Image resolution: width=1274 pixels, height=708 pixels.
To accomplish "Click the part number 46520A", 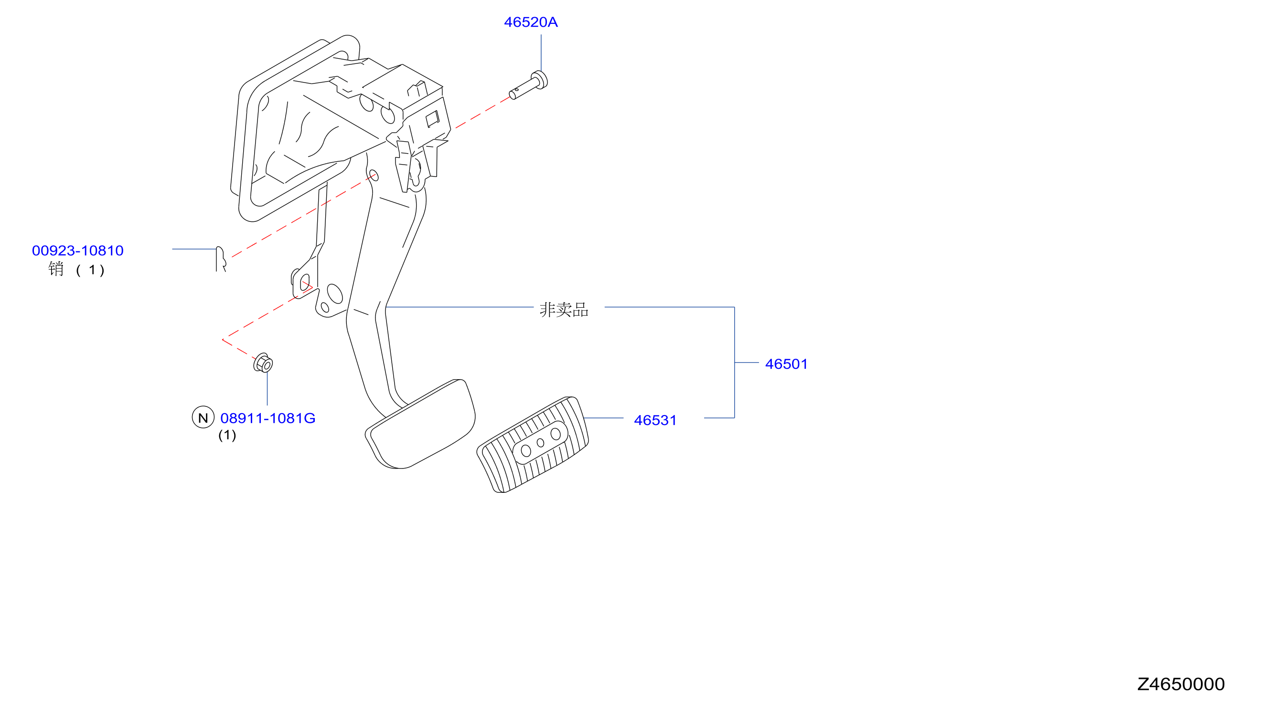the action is (x=531, y=22).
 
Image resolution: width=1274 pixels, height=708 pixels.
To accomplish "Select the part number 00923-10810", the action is (x=78, y=251).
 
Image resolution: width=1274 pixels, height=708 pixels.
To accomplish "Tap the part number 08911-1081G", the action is (x=268, y=418).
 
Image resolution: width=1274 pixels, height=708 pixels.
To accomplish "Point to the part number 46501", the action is (x=786, y=364).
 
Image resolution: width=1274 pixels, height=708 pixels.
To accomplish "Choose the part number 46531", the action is (x=655, y=420).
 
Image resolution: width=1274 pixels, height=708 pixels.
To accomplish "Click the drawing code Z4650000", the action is (x=1180, y=684).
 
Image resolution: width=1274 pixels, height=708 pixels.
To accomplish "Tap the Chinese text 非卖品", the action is (x=564, y=310).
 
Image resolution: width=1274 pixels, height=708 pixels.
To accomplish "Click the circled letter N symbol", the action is (x=203, y=417).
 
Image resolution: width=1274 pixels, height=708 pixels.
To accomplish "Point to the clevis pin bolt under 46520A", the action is (x=529, y=86).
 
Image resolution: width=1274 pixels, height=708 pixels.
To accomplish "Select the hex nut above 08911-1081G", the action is (x=263, y=364).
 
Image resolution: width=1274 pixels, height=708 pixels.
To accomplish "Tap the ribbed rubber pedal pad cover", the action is (x=533, y=445).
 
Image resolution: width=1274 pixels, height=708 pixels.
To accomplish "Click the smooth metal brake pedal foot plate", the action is (x=420, y=424).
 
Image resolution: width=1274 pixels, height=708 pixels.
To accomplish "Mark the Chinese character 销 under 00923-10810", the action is (x=56, y=269).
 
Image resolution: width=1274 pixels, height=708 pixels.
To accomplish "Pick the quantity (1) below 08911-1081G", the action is (x=227, y=435).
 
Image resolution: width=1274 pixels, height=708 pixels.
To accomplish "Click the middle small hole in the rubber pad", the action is (x=541, y=443).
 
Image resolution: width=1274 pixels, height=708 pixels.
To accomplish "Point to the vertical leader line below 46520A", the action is (x=541, y=53).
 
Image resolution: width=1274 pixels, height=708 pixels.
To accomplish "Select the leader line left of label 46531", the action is (x=603, y=418).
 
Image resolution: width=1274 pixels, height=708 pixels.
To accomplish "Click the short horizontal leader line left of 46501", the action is (x=747, y=363).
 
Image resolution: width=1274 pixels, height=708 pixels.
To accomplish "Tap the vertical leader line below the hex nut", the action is (x=268, y=389).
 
